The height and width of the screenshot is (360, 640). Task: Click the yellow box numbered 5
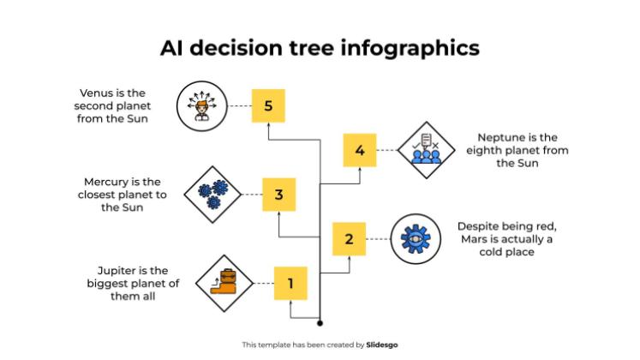[x=268, y=106]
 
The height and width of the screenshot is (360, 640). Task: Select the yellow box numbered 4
[x=360, y=151]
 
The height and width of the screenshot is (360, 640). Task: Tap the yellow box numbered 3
[x=278, y=195]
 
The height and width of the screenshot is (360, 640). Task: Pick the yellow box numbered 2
[x=349, y=239]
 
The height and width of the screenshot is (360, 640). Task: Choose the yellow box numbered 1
[x=290, y=283]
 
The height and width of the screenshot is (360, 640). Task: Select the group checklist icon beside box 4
[x=426, y=150]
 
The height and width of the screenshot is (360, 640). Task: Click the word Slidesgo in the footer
[x=382, y=345]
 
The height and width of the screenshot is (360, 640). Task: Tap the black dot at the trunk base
[x=320, y=324]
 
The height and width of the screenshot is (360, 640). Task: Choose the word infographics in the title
[x=412, y=47]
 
